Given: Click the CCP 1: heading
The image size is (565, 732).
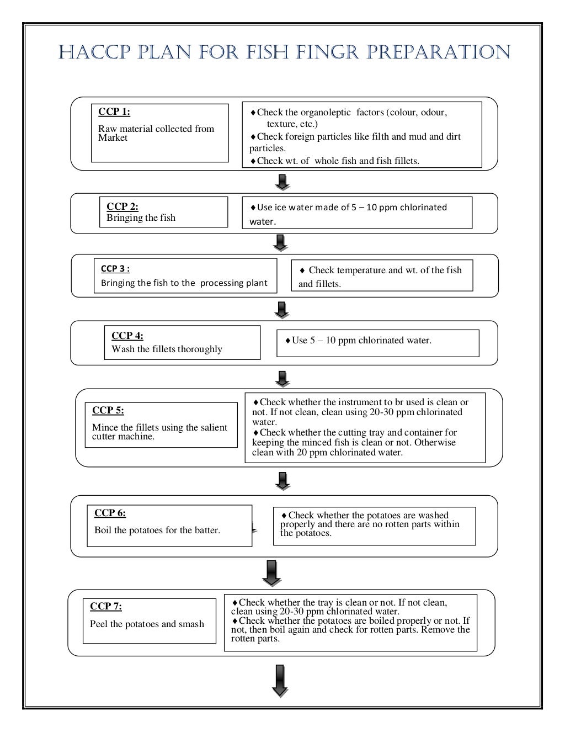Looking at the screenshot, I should click(x=114, y=112).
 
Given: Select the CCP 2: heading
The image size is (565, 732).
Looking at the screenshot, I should click(x=122, y=206).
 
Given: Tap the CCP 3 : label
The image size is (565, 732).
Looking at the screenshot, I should click(x=115, y=269).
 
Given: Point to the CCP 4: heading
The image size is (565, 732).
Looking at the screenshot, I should click(x=127, y=336).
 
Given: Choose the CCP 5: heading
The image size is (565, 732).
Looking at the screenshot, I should click(x=108, y=410).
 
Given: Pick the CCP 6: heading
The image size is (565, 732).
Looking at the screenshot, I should click(x=110, y=513).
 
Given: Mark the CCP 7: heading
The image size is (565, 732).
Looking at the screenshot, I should click(x=106, y=606).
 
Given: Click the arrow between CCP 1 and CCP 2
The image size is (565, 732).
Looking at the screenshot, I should click(x=282, y=182).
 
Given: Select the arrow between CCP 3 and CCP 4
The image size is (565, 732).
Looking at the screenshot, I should click(x=282, y=310).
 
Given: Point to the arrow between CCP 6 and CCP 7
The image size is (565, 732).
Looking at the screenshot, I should click(x=271, y=572).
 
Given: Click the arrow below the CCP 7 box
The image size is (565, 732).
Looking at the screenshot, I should click(x=280, y=680).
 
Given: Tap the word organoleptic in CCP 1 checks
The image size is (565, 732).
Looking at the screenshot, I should click(x=326, y=113).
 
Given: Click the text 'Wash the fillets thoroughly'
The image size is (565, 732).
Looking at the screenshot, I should click(x=167, y=349).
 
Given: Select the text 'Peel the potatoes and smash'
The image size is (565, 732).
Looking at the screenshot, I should click(x=147, y=624).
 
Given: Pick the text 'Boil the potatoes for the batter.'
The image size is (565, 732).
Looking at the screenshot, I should click(x=157, y=530).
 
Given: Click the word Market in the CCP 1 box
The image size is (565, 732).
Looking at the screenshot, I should click(x=113, y=138).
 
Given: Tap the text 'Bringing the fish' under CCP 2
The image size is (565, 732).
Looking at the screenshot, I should click(x=141, y=218).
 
